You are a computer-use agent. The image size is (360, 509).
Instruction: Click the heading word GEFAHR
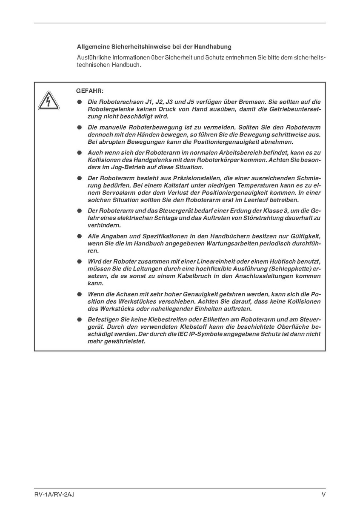pyautogui.click(x=90, y=91)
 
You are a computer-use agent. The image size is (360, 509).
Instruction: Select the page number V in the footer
pyautogui.click(x=323, y=494)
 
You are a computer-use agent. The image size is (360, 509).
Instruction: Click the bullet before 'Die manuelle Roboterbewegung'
pyautogui.click(x=79, y=128)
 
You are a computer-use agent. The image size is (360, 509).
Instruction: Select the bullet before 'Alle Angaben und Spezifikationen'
pyautogui.click(x=79, y=236)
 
